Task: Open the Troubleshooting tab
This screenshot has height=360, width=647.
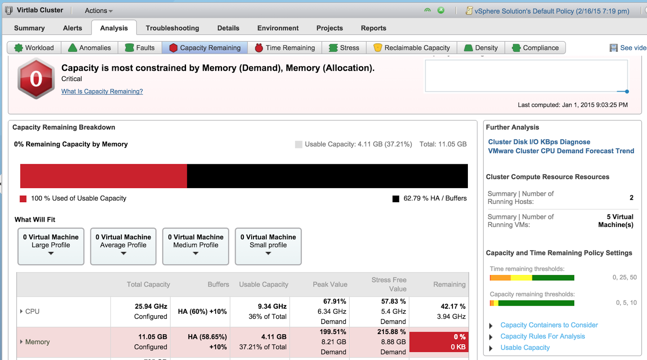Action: tap(172, 28)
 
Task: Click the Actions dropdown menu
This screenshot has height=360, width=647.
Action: tap(99, 11)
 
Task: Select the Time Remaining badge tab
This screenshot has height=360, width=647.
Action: tap(285, 48)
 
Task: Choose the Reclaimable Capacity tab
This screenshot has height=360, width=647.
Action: tap(412, 48)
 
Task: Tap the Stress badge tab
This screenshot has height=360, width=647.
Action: tap(344, 48)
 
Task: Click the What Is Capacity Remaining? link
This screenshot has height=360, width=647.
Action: tap(102, 91)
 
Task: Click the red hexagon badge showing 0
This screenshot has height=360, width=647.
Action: tap(36, 78)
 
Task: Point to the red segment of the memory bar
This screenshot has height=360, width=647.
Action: tap(104, 176)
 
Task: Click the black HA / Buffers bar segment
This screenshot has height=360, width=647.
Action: tap(327, 176)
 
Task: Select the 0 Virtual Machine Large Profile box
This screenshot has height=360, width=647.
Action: tap(51, 246)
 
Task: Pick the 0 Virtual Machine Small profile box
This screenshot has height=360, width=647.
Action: tap(268, 246)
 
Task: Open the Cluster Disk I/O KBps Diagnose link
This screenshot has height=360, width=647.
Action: tap(539, 142)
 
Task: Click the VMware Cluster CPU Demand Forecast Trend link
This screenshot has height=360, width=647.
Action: tap(561, 151)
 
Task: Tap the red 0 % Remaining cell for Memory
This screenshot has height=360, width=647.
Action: tap(439, 342)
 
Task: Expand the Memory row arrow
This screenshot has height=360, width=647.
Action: tap(21, 342)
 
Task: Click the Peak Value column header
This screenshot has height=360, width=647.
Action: tap(330, 284)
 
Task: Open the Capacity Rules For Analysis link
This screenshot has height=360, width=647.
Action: tap(542, 336)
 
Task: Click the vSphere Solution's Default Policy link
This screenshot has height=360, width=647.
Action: tap(552, 11)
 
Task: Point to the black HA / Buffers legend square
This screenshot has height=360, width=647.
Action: tap(396, 199)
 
